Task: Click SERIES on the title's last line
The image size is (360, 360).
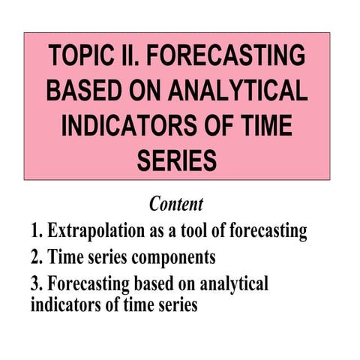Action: coord(178,159)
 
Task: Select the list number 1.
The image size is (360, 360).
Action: coord(37,231)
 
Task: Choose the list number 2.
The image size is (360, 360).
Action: coord(37,257)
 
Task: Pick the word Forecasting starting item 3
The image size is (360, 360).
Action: coord(90,285)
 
